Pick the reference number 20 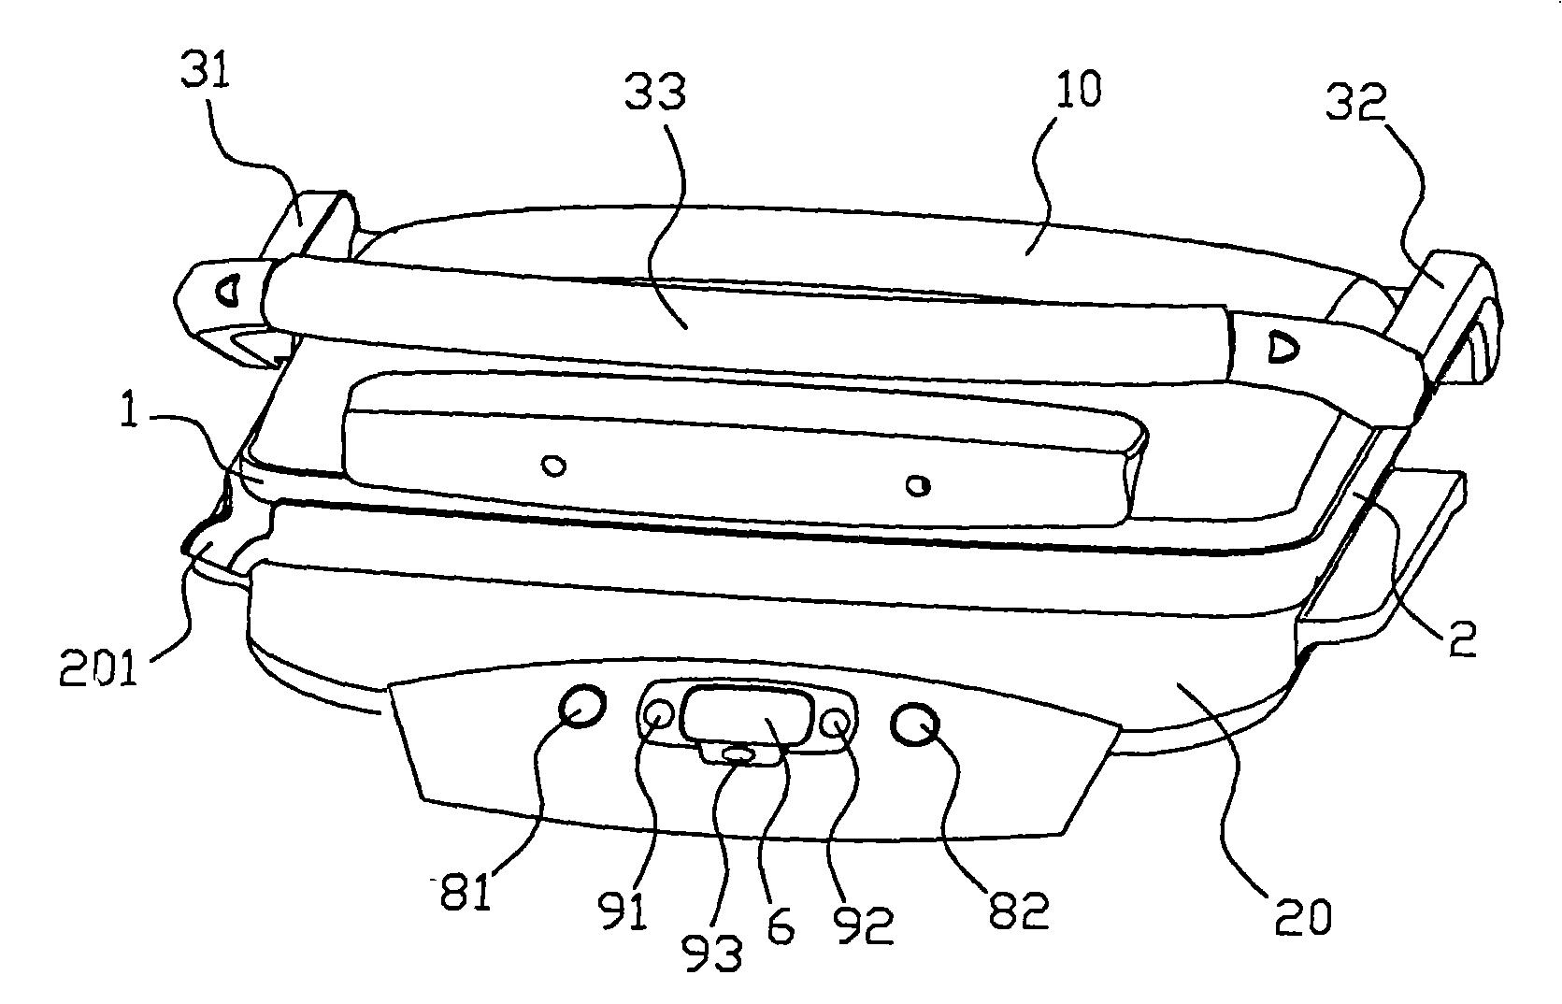click(1302, 917)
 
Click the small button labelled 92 click(836, 722)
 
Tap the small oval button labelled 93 click(738, 753)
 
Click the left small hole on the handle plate click(554, 465)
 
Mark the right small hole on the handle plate click(919, 484)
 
